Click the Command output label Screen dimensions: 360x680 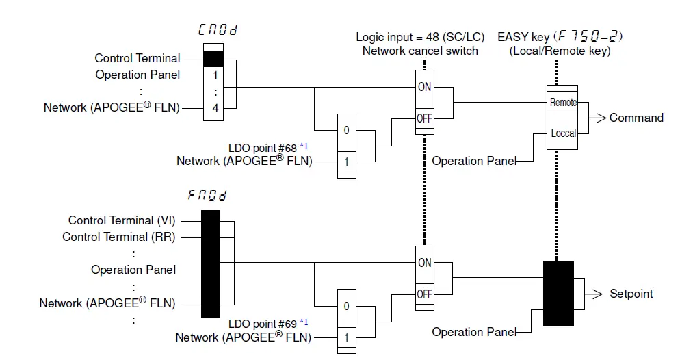636,118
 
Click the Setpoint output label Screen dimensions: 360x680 631,294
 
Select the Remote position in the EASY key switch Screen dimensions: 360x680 563,103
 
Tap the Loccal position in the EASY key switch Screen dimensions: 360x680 563,133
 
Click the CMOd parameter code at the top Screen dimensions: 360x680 218,30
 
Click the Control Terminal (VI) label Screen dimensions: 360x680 120,220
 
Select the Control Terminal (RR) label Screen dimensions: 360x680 118,237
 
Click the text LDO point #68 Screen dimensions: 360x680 263,147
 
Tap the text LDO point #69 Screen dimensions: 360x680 263,323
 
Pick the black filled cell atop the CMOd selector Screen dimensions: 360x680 214,58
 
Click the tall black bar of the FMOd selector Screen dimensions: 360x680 211,264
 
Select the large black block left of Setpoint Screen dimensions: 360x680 558,293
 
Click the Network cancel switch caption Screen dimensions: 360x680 419,50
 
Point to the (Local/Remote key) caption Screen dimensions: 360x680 560,50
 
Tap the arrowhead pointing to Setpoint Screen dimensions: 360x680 600,294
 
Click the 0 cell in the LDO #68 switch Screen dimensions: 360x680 347,130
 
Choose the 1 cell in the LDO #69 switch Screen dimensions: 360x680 347,337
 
